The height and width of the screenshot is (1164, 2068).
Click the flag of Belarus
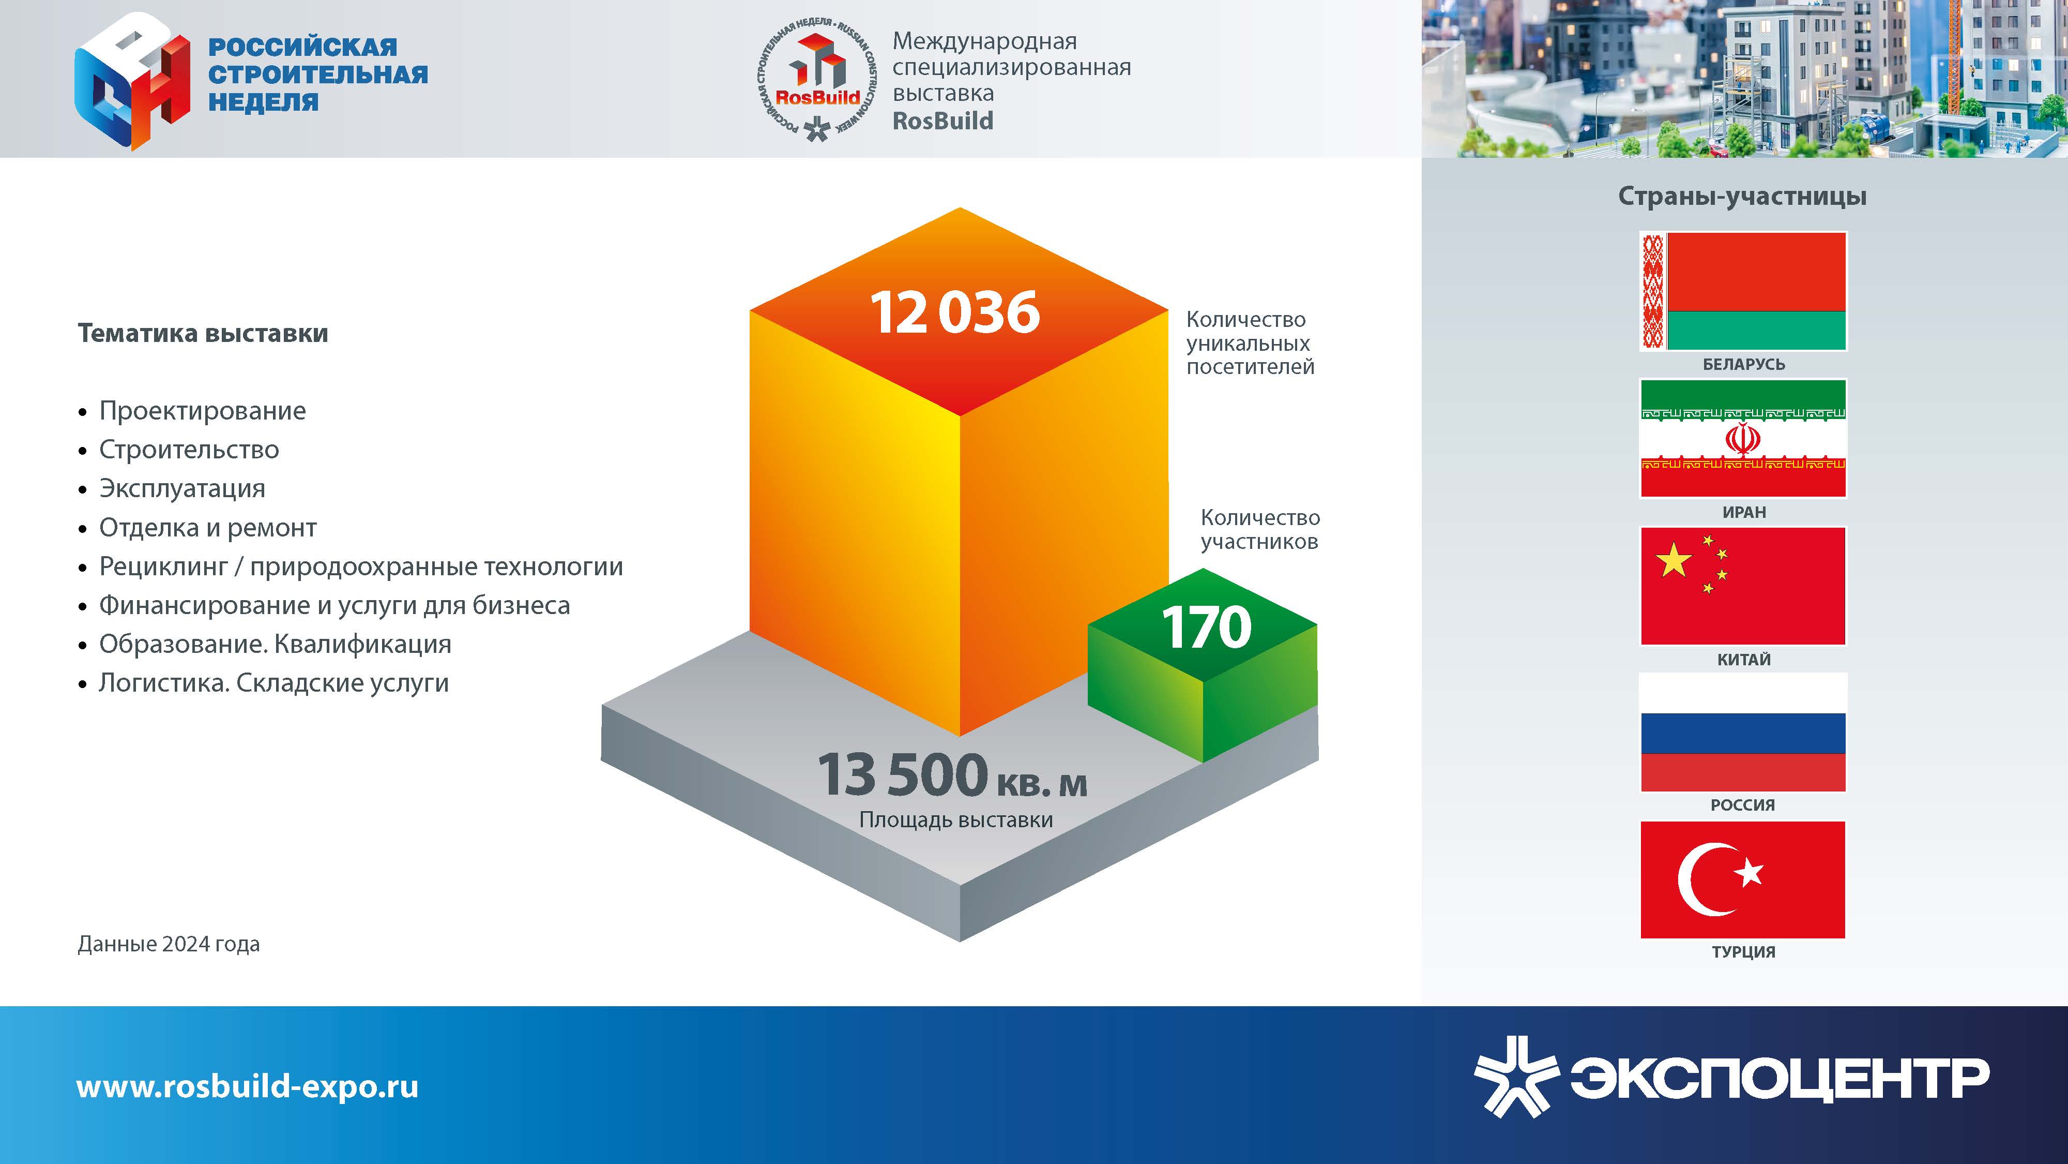tap(1743, 291)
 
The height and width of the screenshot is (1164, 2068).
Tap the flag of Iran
tap(1743, 439)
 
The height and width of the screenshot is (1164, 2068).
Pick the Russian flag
tap(1743, 733)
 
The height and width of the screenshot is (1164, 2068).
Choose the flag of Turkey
tap(1743, 879)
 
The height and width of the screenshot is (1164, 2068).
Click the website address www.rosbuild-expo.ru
tap(247, 1086)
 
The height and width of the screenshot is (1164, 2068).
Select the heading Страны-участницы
tap(1742, 196)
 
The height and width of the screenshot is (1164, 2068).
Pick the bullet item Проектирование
tap(202, 410)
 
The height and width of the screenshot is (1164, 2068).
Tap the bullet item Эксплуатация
tap(182, 488)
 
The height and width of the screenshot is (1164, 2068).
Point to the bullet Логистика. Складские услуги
tap(274, 683)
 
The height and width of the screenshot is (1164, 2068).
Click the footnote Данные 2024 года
tap(169, 944)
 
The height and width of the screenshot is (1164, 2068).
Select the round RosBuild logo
tap(816, 78)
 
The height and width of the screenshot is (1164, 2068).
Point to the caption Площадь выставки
tap(956, 820)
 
